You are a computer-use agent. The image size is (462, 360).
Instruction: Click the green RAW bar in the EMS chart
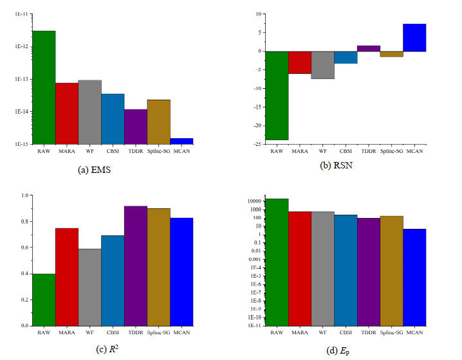coord(44,87)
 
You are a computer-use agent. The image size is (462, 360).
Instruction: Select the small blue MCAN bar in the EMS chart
coord(181,141)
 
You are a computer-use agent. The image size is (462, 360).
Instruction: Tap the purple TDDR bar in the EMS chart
coord(136,127)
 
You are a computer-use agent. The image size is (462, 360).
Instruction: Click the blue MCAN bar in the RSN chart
coord(414,37)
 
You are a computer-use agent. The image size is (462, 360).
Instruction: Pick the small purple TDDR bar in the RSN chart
coord(369,48)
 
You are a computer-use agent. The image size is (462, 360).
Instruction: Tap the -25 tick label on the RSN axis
coord(256,145)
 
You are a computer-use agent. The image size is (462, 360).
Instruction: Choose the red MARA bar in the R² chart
coord(67,276)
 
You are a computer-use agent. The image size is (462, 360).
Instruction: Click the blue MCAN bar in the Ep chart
coord(414,277)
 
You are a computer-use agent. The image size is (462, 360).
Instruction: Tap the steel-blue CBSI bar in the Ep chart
coord(346,270)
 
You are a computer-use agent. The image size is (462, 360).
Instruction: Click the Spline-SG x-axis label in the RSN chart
coord(391,150)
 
